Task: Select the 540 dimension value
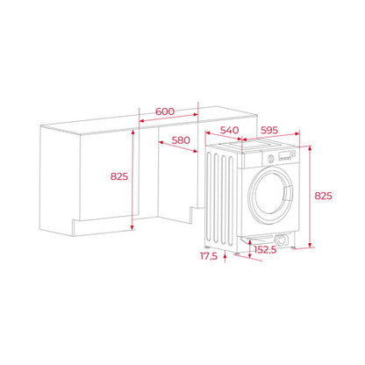click(x=229, y=130)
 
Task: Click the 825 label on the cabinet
click(x=119, y=176)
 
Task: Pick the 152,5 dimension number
click(x=265, y=250)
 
